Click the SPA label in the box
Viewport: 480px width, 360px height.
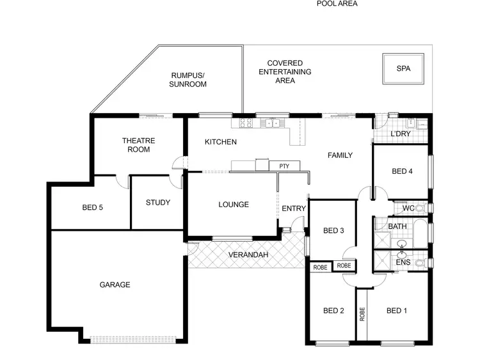(x=403, y=68)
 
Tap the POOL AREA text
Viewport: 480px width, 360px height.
(x=337, y=3)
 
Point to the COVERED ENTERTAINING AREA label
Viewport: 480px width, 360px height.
(x=285, y=72)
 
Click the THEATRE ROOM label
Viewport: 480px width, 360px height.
(x=138, y=145)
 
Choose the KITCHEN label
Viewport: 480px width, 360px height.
(x=221, y=142)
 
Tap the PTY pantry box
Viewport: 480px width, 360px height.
(x=284, y=166)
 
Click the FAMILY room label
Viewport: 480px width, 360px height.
(x=340, y=155)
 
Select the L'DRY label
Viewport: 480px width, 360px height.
(x=400, y=134)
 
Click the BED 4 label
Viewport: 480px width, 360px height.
(x=401, y=171)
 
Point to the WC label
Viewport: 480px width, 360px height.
(x=408, y=208)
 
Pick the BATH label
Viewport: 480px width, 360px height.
(x=397, y=226)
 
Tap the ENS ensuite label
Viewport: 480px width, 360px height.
(x=403, y=262)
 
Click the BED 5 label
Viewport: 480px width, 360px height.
(x=93, y=207)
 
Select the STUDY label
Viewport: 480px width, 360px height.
(x=157, y=203)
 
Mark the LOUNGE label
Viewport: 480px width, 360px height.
(x=234, y=205)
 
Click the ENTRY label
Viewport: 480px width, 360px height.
(x=294, y=208)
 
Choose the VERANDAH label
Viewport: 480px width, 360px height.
(x=246, y=256)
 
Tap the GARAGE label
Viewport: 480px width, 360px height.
(x=115, y=285)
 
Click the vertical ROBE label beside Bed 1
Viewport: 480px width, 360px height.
(x=362, y=313)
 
